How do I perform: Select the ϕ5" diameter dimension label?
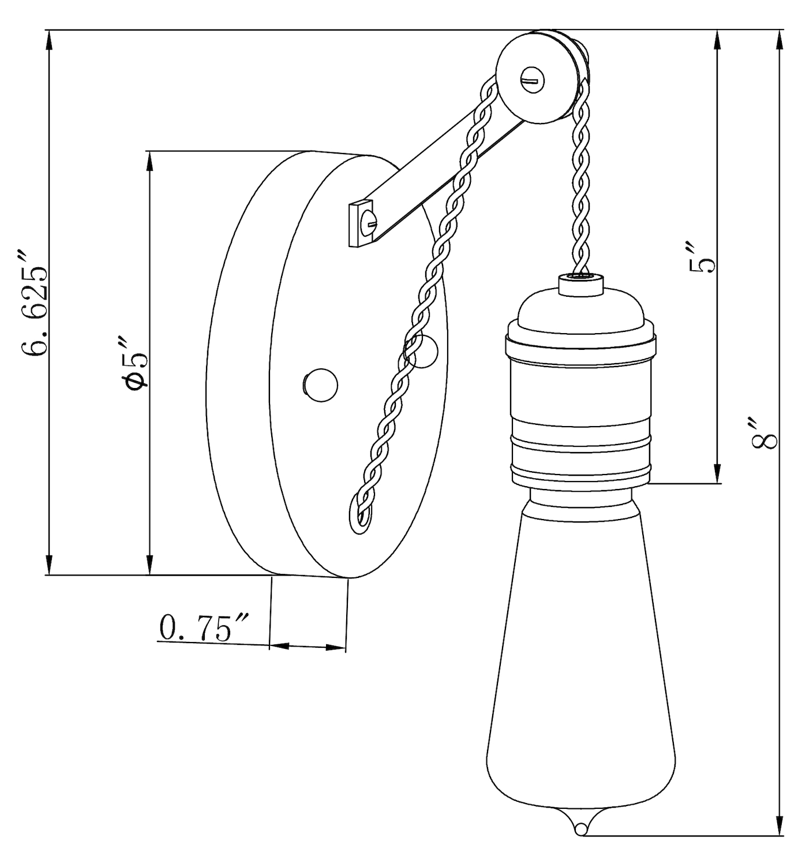click(x=135, y=363)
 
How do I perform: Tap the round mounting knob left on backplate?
click(x=320, y=385)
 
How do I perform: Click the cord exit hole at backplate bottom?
click(x=361, y=516)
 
